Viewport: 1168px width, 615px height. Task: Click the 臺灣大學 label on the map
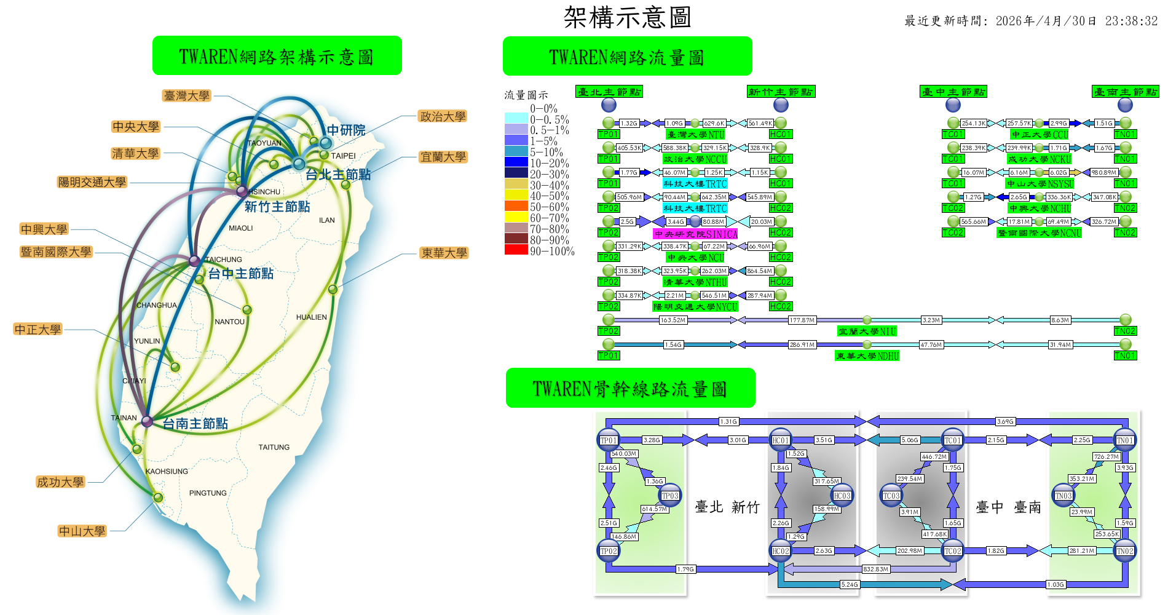[187, 96]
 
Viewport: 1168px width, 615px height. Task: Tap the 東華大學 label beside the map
[444, 253]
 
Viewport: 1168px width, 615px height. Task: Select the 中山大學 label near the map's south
[82, 531]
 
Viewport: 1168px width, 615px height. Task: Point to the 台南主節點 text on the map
[195, 424]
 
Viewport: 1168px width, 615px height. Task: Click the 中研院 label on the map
[346, 130]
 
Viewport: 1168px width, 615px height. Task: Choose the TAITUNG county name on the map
[274, 447]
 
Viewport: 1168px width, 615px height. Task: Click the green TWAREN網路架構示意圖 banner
[277, 56]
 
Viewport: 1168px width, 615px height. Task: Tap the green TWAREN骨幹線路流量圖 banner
[630, 388]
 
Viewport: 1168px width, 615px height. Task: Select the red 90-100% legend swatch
[516, 250]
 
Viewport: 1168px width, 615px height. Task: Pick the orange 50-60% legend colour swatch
[516, 206]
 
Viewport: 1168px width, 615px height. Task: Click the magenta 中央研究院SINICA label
[695, 234]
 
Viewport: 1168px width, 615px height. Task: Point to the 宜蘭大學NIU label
[867, 331]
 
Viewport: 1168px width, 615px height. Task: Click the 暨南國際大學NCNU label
[1039, 233]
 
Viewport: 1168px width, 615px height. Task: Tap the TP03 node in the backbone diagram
[669, 496]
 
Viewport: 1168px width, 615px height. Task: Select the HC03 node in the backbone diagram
[842, 496]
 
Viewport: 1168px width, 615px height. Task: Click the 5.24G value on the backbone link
[849, 585]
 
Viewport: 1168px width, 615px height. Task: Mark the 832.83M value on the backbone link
[875, 569]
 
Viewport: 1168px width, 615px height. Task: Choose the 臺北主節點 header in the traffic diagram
[609, 92]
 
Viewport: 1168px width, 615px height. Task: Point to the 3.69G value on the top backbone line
[1005, 422]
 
